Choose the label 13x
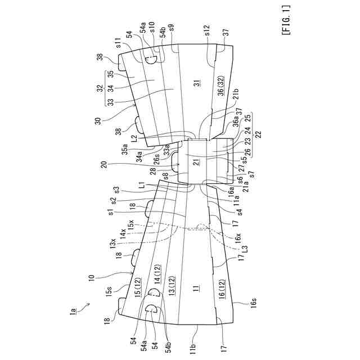point(112,244)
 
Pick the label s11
point(119,43)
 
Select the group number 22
point(258,133)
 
